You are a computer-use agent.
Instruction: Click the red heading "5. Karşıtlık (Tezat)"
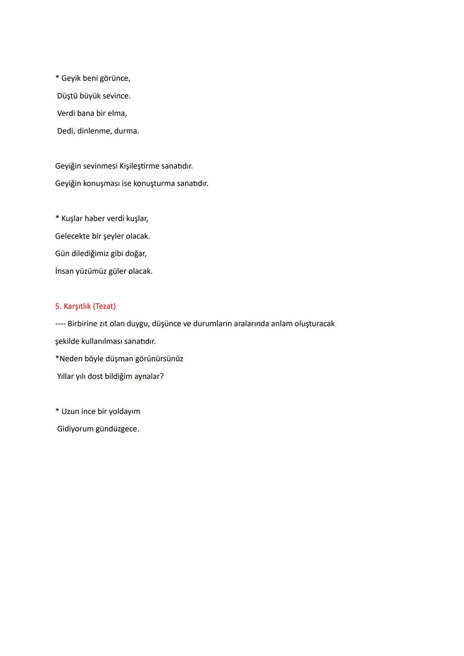85,306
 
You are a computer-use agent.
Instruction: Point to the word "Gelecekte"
72,236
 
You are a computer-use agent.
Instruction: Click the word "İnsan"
64,271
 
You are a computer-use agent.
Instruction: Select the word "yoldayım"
125,412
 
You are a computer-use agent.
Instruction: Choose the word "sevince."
116,96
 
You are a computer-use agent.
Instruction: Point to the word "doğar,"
135,253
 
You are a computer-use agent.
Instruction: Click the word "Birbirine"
82,323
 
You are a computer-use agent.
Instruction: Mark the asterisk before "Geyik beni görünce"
57,78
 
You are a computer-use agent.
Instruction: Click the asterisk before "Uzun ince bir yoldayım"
57,411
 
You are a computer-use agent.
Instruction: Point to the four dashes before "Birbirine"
60,324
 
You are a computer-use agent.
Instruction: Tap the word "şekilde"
67,342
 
